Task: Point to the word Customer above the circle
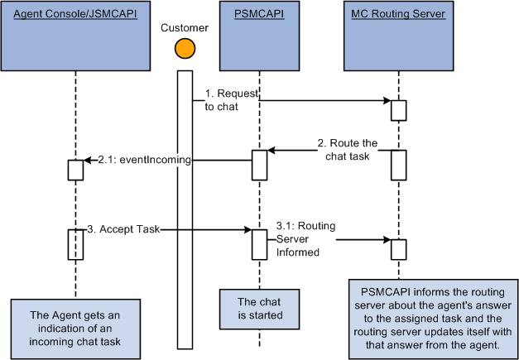tap(184, 27)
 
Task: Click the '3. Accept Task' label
tap(123, 229)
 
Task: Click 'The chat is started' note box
tap(258, 307)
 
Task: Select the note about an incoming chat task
tap(75, 326)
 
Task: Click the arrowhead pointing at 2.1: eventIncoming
tap(89, 159)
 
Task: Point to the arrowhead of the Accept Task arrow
tap(247, 230)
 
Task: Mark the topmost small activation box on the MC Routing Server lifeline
tap(398, 109)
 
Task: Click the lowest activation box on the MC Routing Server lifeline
tap(398, 248)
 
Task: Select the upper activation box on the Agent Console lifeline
tap(75, 170)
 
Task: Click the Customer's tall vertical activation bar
tap(184, 186)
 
